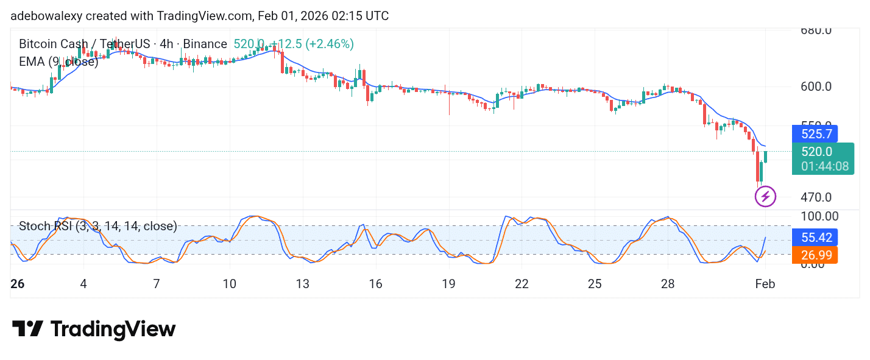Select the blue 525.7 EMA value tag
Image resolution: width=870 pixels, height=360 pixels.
click(x=815, y=133)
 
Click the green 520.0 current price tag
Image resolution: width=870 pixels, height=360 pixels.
click(x=816, y=152)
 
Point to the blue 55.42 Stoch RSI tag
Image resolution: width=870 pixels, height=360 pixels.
click(x=815, y=237)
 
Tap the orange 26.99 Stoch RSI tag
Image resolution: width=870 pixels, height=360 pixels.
click(x=815, y=255)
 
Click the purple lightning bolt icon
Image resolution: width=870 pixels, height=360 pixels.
click(x=765, y=197)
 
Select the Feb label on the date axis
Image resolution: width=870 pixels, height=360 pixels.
click(x=765, y=284)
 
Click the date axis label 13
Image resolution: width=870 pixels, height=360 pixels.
click(x=302, y=284)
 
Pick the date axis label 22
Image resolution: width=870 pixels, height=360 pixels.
click(x=522, y=284)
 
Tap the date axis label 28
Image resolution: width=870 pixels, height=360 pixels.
click(x=668, y=284)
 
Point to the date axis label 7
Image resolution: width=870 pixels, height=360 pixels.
click(x=157, y=284)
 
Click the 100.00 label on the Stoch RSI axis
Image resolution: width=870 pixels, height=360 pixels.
click(x=819, y=216)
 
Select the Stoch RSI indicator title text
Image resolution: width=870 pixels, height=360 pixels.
click(x=97, y=226)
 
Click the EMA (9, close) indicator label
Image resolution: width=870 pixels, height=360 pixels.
click(x=58, y=61)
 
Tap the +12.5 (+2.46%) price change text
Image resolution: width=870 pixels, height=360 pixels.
click(x=312, y=44)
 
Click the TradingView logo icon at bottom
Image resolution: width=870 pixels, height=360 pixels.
click(x=27, y=330)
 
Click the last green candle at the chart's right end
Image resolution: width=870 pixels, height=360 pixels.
click(x=765, y=157)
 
